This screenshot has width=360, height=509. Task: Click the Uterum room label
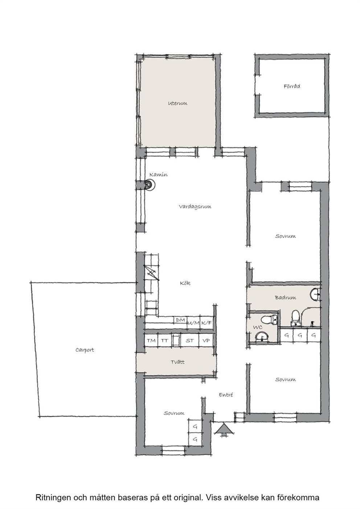[178, 103]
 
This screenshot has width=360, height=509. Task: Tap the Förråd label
[292, 86]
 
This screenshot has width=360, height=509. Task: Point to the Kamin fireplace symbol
[149, 184]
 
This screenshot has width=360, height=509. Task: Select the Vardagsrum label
[195, 207]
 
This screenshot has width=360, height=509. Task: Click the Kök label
[185, 283]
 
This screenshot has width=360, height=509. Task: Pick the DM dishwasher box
[180, 320]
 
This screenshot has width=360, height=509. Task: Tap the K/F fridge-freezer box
[206, 323]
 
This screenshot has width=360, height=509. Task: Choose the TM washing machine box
[151, 340]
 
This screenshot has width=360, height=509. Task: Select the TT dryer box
[164, 340]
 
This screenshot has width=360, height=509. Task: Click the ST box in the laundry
[189, 340]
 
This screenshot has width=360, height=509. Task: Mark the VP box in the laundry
[206, 340]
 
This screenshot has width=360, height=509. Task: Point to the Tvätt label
[177, 362]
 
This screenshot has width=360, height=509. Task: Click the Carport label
[85, 350]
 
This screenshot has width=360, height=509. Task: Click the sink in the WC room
[262, 337]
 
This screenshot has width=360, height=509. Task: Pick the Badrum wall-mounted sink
[315, 294]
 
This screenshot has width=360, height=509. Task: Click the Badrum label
[286, 297]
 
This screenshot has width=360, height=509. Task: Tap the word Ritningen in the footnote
[53, 492]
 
